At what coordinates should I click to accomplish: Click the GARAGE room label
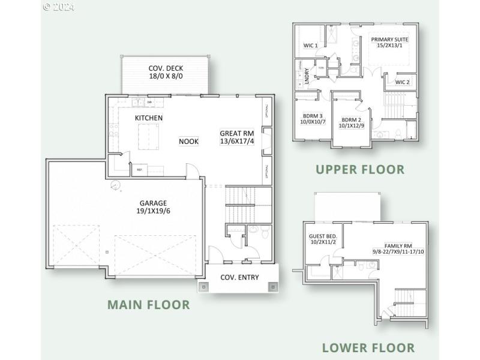tap(154, 203)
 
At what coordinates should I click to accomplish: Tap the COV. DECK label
tap(165, 68)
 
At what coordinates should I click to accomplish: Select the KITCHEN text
tap(148, 118)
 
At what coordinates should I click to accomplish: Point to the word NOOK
tap(188, 142)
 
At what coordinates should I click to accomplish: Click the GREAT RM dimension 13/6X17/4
tap(237, 142)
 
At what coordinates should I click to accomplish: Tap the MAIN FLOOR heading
tap(148, 305)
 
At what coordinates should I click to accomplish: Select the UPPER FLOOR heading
tap(360, 170)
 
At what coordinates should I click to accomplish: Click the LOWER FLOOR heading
tap(368, 347)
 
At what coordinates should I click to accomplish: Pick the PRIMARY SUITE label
tap(389, 40)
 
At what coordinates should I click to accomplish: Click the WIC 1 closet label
tap(310, 45)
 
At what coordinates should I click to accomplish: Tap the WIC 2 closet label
tap(402, 82)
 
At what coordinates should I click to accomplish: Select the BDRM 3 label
tap(312, 116)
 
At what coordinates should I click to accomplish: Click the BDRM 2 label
tap(352, 119)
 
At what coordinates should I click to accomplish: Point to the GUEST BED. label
tap(323, 236)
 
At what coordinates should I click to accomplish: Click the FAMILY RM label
tap(398, 246)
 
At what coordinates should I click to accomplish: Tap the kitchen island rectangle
tap(148, 136)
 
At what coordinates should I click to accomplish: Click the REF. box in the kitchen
tap(139, 170)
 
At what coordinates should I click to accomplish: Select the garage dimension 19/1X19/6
tap(154, 211)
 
